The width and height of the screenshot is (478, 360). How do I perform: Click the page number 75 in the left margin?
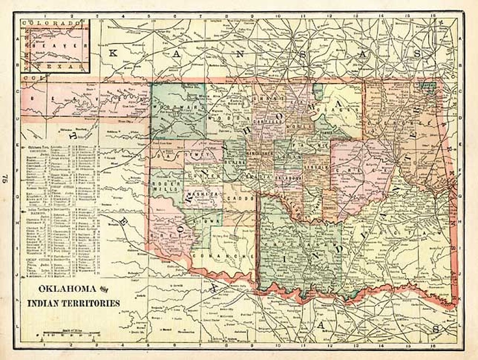(x=6, y=178)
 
